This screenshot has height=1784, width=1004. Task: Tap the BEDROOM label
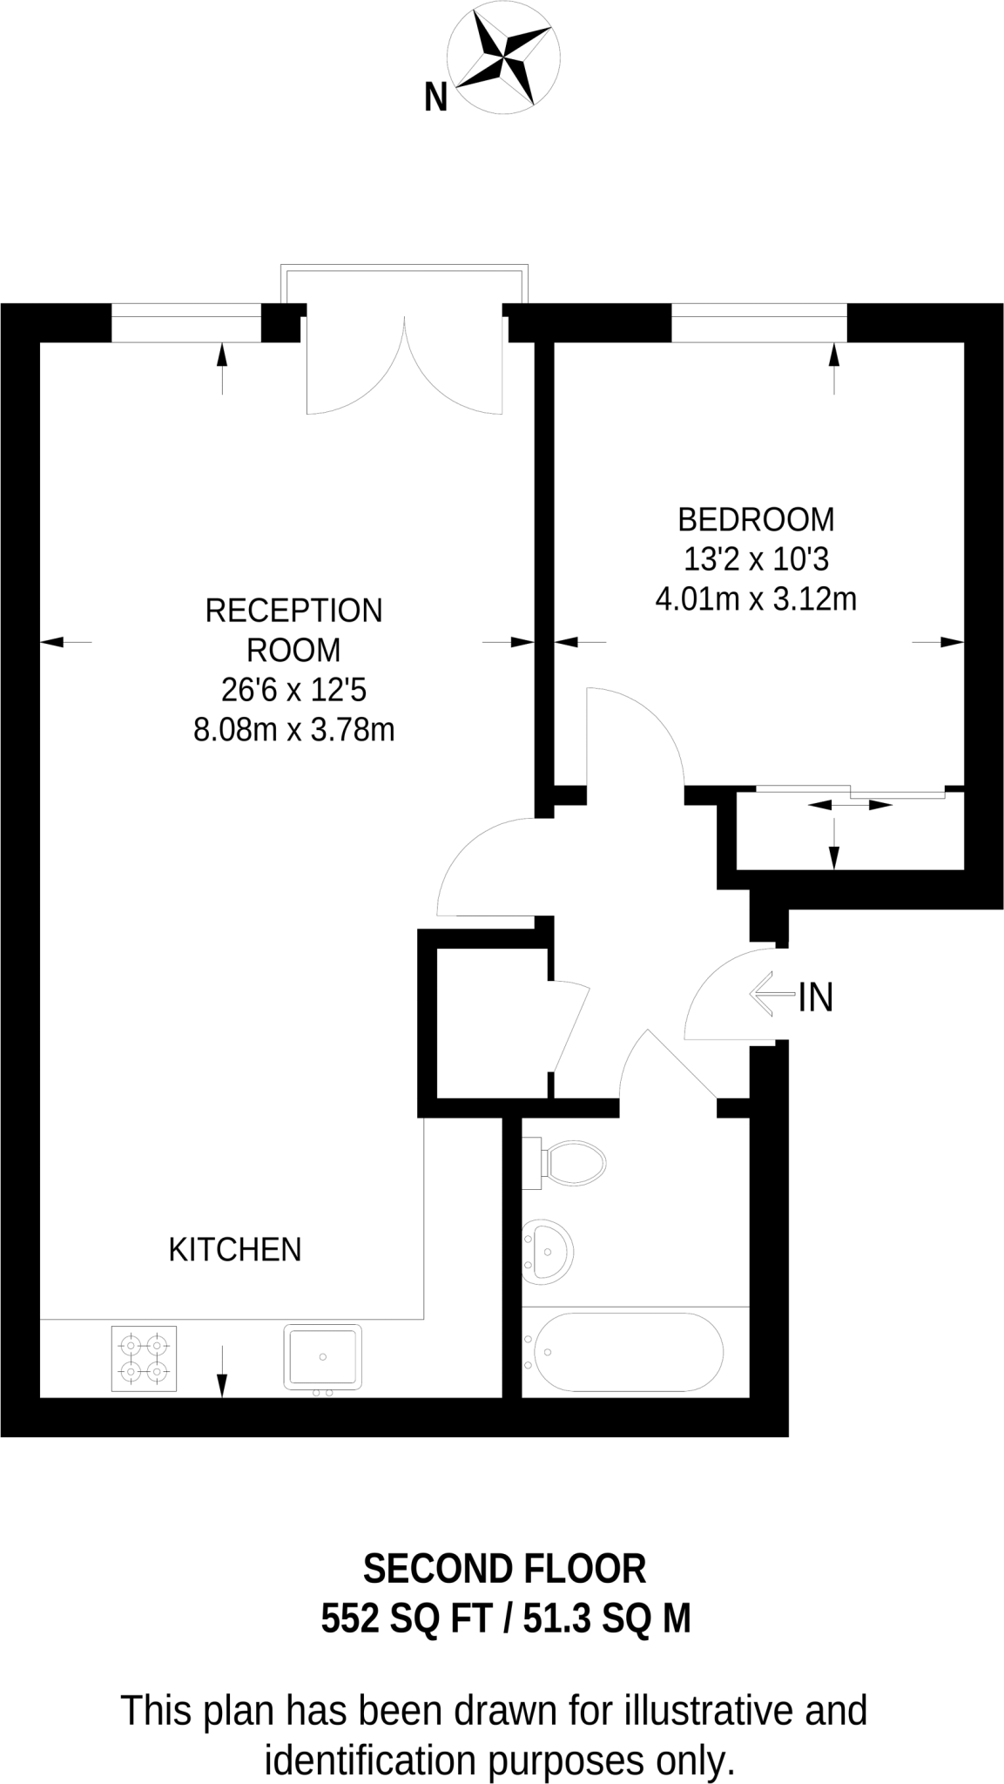point(755,519)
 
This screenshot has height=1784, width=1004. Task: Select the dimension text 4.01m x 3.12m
point(755,599)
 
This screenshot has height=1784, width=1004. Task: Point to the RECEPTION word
point(293,611)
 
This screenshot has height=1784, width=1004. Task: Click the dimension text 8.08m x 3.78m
point(293,729)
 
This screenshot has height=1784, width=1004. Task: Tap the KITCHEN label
point(234,1249)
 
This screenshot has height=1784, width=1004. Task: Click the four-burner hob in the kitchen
point(145,1358)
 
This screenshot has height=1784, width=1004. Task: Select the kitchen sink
point(322,1356)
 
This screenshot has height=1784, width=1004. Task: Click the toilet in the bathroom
point(571,1162)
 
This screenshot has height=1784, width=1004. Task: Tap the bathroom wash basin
point(548,1251)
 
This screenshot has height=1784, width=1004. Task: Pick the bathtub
point(626,1352)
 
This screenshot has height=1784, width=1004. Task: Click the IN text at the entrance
point(816,997)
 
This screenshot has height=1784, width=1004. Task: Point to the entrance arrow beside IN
point(771,994)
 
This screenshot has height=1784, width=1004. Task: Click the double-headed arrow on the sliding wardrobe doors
point(851,805)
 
